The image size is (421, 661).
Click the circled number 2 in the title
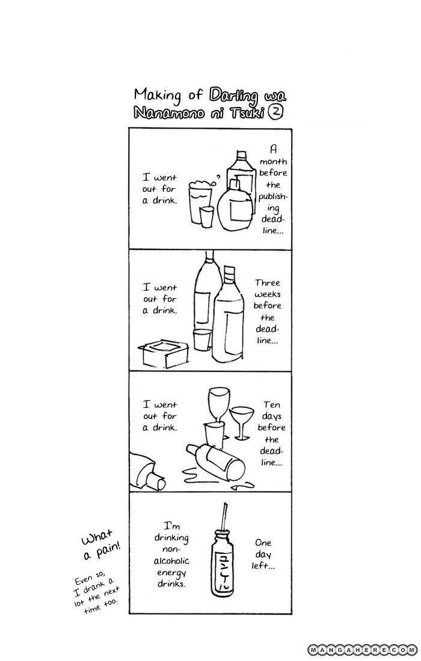[x=276, y=112]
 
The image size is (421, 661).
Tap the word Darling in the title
[x=233, y=96]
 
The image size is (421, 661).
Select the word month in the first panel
[x=273, y=161]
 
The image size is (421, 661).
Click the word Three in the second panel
[x=268, y=282]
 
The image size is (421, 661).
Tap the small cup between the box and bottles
[x=201, y=340]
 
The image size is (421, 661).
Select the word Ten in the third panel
[x=272, y=404]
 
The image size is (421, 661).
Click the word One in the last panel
[x=263, y=543]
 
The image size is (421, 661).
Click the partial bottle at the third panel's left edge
[x=147, y=471]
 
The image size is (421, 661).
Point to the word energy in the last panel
[x=171, y=573]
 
